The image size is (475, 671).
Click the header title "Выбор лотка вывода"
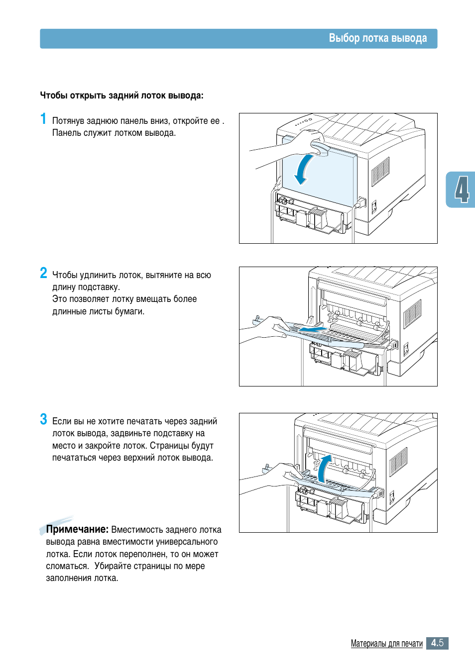(377, 38)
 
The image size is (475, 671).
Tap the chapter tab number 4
(462, 190)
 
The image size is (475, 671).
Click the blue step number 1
(43, 119)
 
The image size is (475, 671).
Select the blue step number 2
(43, 273)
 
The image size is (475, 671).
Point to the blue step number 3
(43, 419)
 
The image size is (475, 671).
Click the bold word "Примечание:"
(77, 529)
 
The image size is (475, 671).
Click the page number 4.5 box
(437, 643)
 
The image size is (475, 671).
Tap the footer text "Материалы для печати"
(386, 643)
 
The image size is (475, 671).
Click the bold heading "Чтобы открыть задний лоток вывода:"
(121, 96)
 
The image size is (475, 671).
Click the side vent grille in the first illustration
(380, 171)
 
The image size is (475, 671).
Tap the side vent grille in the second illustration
(412, 314)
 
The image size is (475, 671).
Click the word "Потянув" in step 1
(68, 121)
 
